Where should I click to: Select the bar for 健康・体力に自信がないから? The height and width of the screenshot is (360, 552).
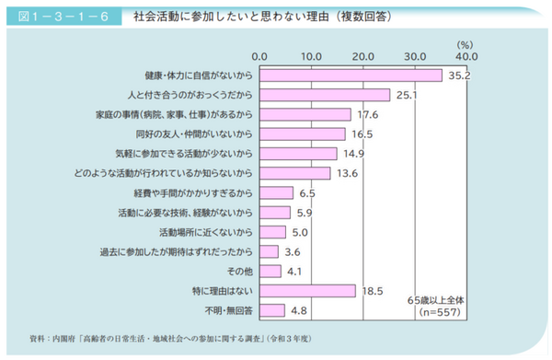coord(351,75)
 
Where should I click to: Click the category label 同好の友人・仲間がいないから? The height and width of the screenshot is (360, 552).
coord(189,134)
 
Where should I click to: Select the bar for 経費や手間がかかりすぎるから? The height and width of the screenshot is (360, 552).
coord(276,192)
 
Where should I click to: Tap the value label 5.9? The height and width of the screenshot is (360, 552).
coord(305,212)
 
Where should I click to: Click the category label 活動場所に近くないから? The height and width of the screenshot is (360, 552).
coord(205,232)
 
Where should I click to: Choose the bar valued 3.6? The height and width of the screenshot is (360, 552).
coord(269,251)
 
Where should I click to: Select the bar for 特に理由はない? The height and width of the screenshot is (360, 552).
coord(307,291)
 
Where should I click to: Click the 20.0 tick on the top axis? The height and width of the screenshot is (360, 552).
coord(363,54)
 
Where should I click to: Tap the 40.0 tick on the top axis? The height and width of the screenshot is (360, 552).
coord(467,54)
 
